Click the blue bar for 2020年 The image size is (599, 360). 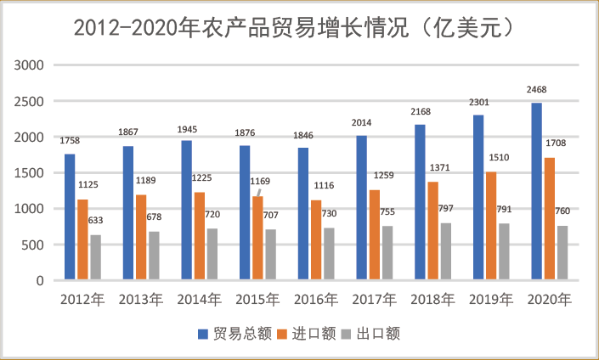tap(536, 192)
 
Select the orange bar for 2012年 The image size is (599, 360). tap(82, 239)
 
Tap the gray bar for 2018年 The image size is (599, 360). tap(444, 251)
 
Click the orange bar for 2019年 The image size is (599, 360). tap(490, 226)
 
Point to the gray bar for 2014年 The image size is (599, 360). tap(212, 254)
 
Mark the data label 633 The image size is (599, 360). tap(95, 220)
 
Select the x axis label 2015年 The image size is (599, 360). tap(258, 299)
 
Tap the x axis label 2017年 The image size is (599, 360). tap(375, 299)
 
